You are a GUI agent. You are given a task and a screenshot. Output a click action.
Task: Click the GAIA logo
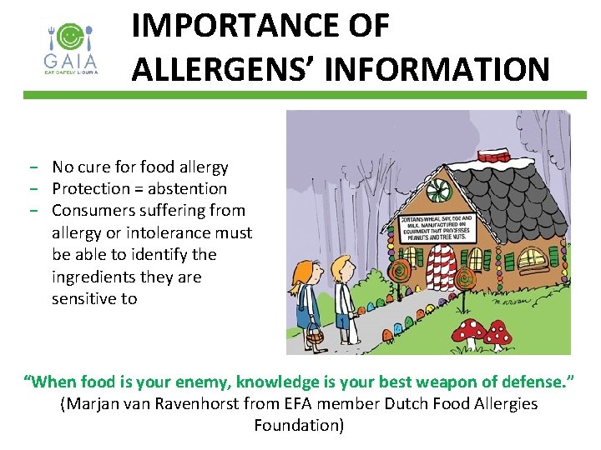tap(71, 48)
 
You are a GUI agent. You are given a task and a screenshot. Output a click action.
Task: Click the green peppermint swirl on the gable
tap(437, 191)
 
